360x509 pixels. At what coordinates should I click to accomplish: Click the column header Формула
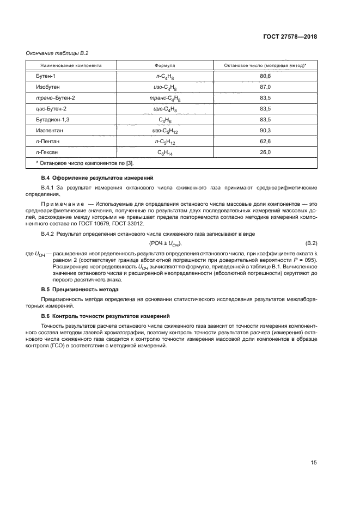165,65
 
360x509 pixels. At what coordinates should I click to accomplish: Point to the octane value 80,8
265,76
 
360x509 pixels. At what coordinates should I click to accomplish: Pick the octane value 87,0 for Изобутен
265,87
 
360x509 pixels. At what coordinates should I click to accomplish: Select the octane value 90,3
265,130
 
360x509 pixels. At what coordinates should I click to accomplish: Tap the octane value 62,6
265,140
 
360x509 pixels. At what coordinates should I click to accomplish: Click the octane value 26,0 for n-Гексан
265,151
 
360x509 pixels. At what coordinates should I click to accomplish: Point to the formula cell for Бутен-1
165,76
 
